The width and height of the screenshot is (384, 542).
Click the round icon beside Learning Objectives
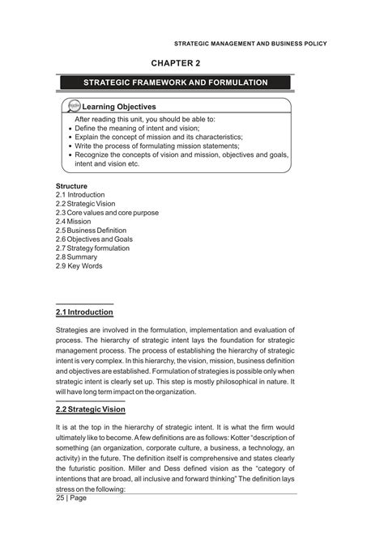(x=73, y=106)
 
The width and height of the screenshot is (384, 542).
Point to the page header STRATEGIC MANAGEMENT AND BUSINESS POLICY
(x=245, y=43)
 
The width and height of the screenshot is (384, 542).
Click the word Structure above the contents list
(x=72, y=187)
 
